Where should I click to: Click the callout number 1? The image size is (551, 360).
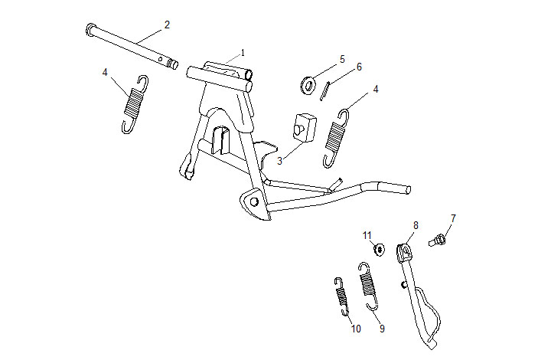(x=243, y=52)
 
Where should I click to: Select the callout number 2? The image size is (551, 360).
(x=167, y=25)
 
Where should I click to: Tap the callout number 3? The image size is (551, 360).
(x=280, y=161)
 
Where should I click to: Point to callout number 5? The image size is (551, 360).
(x=342, y=58)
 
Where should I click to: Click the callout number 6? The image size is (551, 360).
(x=359, y=67)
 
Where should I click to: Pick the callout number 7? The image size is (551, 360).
(x=452, y=218)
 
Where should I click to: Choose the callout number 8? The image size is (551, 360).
(x=416, y=225)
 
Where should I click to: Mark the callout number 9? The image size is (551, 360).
(x=381, y=329)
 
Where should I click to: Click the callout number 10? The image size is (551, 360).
(x=355, y=329)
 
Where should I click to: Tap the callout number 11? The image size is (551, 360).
(x=367, y=234)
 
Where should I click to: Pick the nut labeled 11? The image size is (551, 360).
(x=378, y=248)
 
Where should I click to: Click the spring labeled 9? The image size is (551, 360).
(x=367, y=283)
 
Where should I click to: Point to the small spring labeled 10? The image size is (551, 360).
(x=341, y=295)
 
